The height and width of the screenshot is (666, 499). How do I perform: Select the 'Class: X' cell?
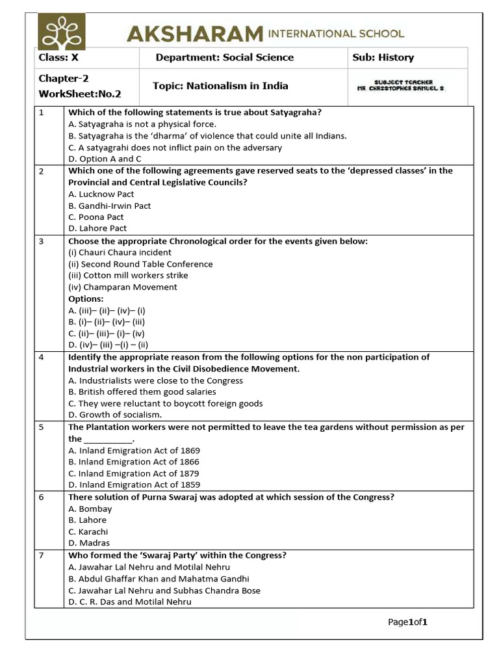pos(58,57)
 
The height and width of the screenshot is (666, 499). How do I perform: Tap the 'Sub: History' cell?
pos(383,57)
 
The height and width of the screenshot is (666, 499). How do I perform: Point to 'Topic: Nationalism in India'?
pos(220,86)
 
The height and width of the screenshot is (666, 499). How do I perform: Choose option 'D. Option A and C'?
pos(105,159)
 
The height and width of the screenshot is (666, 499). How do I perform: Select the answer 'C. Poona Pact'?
pos(96,217)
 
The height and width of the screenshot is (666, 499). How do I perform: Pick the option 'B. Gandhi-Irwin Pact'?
pos(109,206)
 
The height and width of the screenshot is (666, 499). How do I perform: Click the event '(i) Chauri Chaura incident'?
pos(120,252)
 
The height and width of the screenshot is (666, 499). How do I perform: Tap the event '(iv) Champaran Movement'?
pos(122,287)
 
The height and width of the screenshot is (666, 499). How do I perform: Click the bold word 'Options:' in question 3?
pos(86,299)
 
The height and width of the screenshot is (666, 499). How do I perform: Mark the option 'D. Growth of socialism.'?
pos(115,414)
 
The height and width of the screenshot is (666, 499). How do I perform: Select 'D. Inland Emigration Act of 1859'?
pos(134,485)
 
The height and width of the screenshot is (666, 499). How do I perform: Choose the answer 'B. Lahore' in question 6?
pos(87,520)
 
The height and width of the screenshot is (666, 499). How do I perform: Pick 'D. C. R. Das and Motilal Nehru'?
pos(130,602)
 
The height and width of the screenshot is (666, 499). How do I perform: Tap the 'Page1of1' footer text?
pos(407,622)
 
